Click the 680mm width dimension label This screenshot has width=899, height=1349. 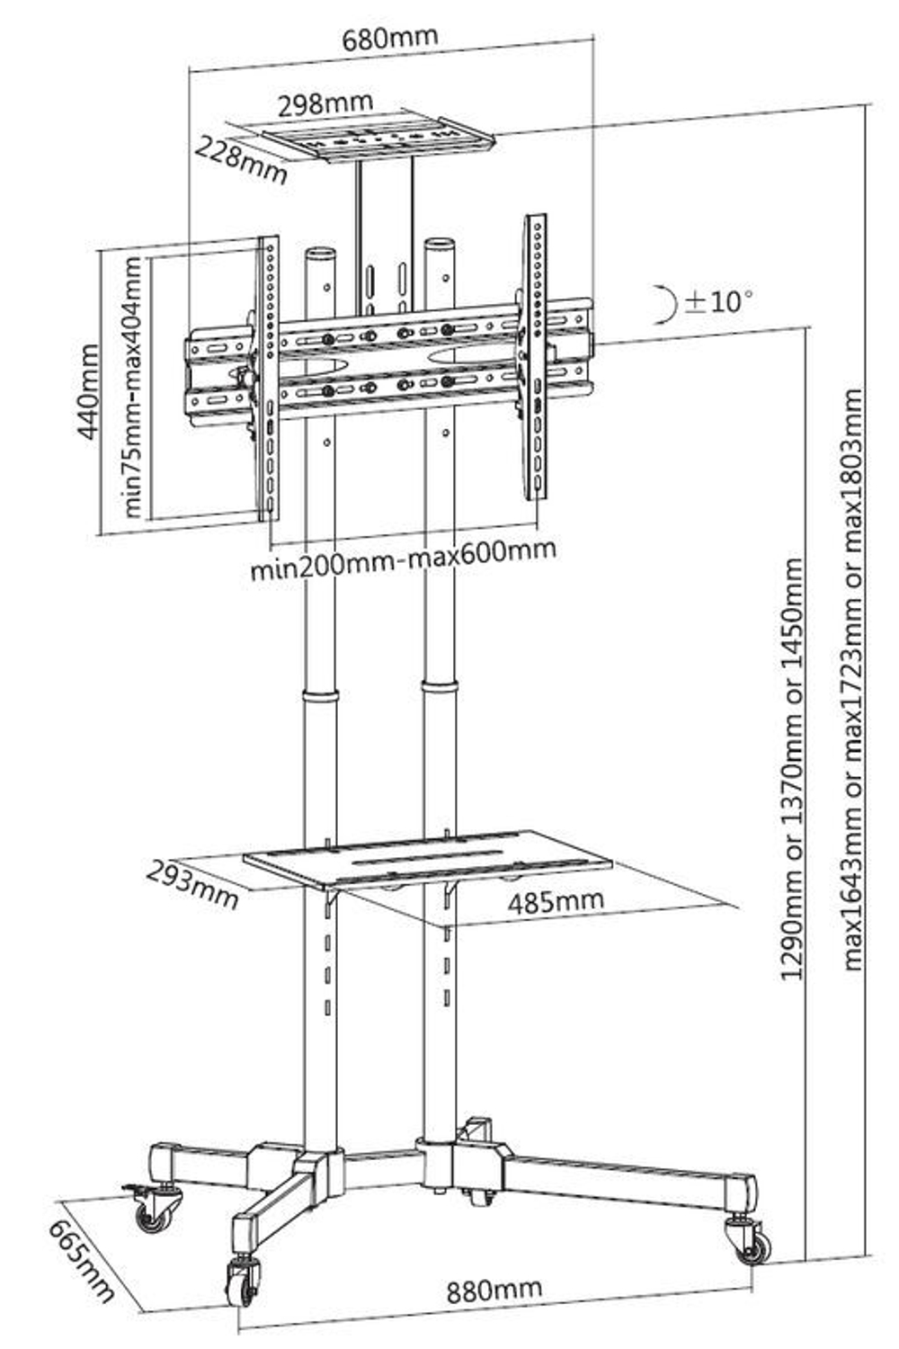pos(390,39)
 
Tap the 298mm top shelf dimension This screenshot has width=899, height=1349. pos(325,104)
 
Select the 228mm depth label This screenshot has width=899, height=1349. pos(243,159)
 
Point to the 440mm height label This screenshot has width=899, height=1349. pos(88,391)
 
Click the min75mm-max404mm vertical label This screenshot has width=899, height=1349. pos(133,387)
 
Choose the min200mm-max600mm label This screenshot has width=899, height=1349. pos(403,568)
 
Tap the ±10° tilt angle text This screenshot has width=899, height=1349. pos(719,300)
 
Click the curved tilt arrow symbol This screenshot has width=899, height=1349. pos(666,304)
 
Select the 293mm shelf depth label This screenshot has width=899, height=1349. pos(193,884)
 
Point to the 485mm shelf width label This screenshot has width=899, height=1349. pos(556,900)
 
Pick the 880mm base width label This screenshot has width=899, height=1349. pos(494,1291)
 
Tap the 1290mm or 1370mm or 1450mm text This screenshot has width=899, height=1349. pos(793,769)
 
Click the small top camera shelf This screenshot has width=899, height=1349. pos(378,140)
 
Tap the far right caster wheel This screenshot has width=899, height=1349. pos(753,1246)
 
